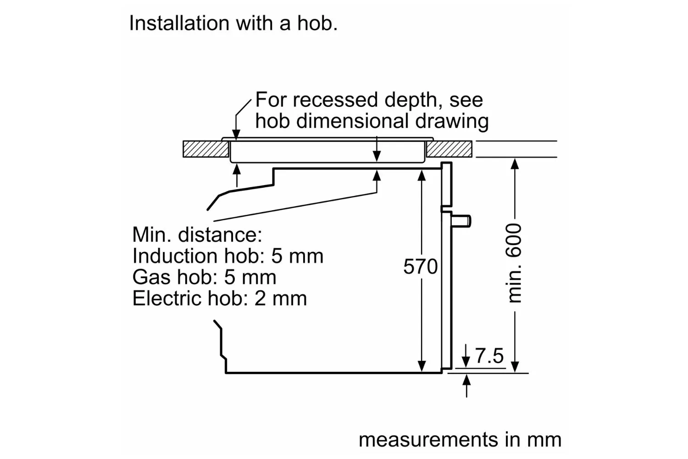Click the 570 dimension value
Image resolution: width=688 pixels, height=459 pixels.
coord(420,267)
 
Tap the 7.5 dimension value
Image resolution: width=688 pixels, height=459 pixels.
coord(489,356)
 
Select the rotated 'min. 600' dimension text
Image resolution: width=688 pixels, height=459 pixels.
coord(513,263)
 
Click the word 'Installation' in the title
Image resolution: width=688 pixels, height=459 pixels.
coord(179,23)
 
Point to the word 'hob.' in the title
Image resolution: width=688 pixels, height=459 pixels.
coord(317,23)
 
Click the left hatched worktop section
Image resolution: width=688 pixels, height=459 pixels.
coord(206,149)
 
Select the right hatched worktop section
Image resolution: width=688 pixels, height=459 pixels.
coord(449,149)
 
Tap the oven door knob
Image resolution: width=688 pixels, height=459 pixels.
coord(461,221)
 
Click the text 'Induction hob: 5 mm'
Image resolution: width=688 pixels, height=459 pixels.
coord(227,256)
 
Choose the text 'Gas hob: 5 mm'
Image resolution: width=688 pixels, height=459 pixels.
coord(204,277)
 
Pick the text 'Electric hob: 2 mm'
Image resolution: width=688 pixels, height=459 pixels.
coord(220,298)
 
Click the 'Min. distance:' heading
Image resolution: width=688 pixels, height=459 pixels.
coord(197,235)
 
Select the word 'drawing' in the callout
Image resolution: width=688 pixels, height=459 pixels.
coord(452,121)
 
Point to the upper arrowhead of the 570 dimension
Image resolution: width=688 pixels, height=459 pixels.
coord(422,175)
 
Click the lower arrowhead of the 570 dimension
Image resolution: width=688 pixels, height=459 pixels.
coord(422,366)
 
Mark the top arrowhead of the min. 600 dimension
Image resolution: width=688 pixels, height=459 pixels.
coord(515,163)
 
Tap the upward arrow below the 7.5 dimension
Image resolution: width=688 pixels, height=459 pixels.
coord(466,386)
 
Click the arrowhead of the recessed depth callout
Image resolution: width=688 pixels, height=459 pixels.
coord(236,135)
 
